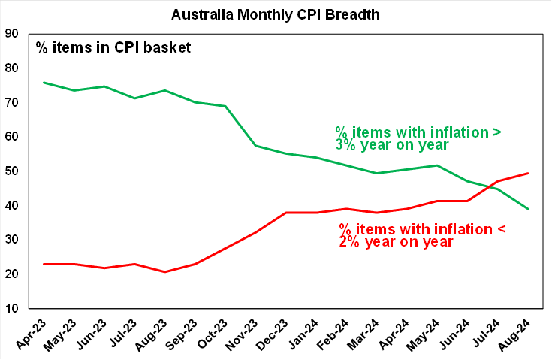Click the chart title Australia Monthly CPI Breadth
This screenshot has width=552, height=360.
[x=276, y=14]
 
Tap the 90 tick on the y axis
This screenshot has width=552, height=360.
[x=12, y=33]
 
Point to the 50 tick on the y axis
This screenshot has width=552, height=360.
[x=12, y=171]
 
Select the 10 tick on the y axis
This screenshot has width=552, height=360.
[x=12, y=308]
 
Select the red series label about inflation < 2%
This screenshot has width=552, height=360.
[x=408, y=234]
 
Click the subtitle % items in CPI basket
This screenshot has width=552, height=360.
[x=113, y=47]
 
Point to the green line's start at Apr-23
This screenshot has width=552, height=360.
[x=44, y=83]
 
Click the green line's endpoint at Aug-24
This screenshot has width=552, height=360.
[x=529, y=209]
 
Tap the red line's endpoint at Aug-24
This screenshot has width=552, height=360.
[x=529, y=173]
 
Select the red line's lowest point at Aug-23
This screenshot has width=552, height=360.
[x=165, y=271]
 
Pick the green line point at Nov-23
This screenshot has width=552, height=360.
[x=256, y=145]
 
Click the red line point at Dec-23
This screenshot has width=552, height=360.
[x=286, y=213]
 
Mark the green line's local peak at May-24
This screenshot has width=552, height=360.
[x=438, y=165]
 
